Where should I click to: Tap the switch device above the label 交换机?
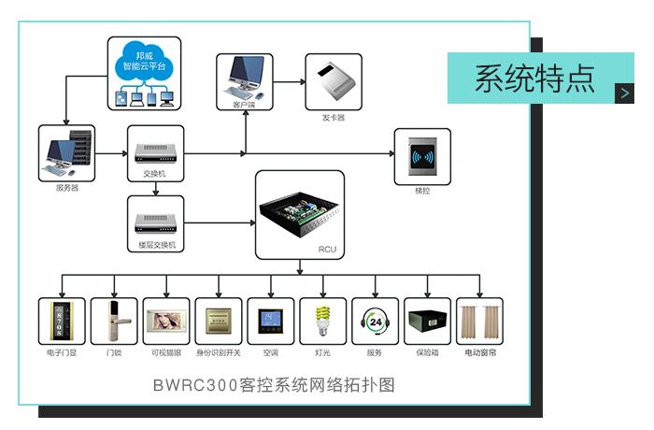(154, 150)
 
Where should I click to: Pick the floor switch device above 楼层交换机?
(154, 222)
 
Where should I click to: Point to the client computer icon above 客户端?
(245, 79)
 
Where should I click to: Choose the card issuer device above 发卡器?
(333, 82)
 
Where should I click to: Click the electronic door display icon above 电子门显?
(62, 322)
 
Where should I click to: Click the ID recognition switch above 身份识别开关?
(219, 322)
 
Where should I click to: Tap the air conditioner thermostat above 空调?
(271, 322)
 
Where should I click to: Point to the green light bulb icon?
(323, 322)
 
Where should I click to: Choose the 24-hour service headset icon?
(376, 322)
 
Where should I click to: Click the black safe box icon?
(428, 322)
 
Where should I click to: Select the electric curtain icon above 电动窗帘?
(480, 322)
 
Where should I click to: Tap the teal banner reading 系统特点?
(533, 78)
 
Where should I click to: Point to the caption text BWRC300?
(187, 384)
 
